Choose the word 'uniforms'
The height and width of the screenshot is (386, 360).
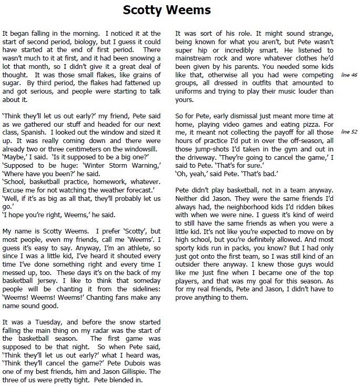tap(191, 91)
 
